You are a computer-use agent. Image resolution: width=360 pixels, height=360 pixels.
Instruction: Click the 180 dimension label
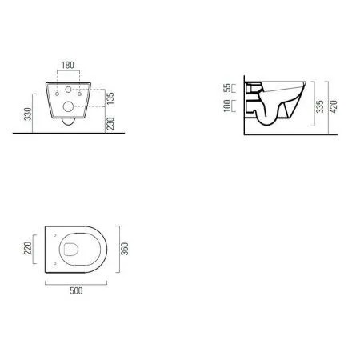(68, 65)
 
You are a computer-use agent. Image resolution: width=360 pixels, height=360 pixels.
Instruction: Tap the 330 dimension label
(28, 114)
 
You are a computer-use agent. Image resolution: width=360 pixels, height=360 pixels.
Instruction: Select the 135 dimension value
(110, 98)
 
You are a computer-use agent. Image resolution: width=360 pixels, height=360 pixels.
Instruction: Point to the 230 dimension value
(110, 123)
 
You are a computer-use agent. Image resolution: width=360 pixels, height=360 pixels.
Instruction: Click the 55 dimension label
(227, 88)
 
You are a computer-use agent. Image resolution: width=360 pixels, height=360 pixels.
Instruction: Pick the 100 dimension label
(227, 106)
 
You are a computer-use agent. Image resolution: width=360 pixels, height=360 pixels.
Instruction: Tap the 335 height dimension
(320, 106)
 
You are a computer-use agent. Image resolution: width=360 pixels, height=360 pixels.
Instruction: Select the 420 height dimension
(334, 106)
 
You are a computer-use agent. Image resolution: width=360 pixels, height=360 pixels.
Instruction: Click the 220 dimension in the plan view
(28, 248)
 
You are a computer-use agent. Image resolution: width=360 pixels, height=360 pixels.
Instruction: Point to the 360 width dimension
(125, 249)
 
